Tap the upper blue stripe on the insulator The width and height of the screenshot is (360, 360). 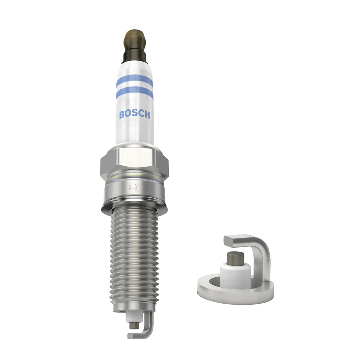pos(134,81)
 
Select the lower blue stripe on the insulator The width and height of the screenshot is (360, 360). pos(134,92)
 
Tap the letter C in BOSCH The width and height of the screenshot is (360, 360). pos(140,115)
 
